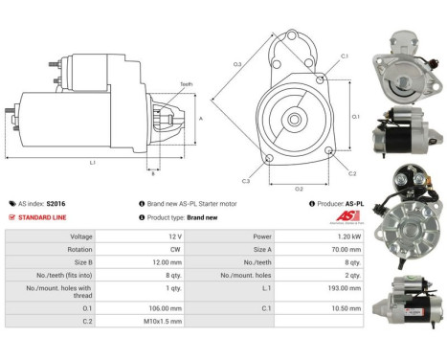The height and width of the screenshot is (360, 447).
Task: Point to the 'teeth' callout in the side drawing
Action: pyautogui.click(x=186, y=84)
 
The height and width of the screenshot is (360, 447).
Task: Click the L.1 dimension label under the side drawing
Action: pyautogui.click(x=93, y=163)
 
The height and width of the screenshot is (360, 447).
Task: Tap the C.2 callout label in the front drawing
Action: pyautogui.click(x=352, y=173)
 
